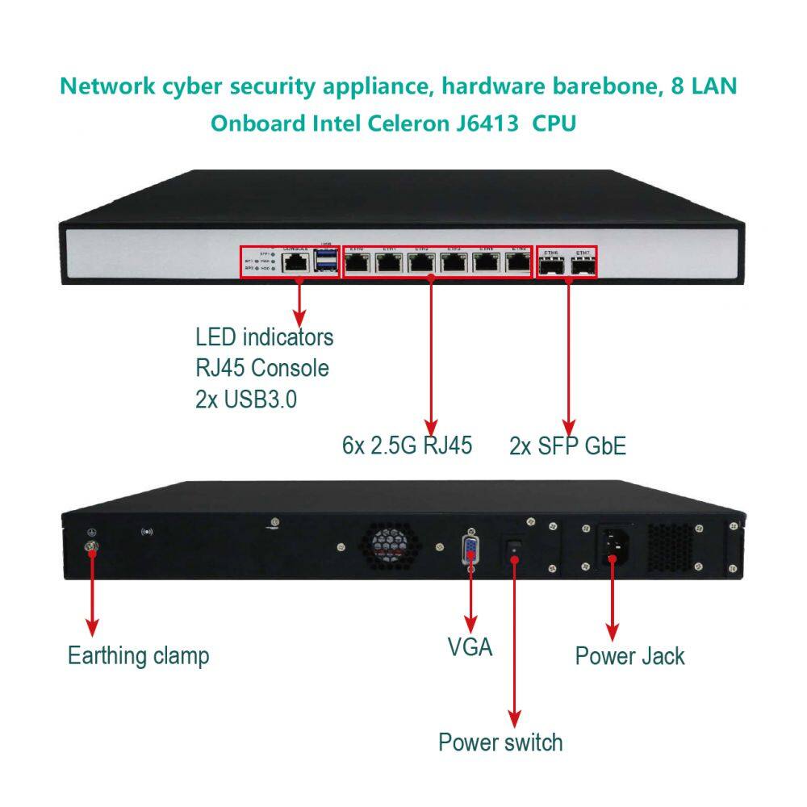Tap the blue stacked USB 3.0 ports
click(327, 261)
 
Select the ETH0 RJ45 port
click(357, 261)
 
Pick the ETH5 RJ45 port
click(516, 261)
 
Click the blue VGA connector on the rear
click(470, 551)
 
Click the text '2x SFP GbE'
click(567, 445)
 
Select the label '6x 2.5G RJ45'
click(407, 445)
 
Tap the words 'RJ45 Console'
click(262, 368)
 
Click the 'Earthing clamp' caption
click(138, 655)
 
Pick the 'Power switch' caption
click(500, 742)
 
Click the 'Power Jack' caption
click(629, 655)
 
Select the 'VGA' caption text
click(470, 646)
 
